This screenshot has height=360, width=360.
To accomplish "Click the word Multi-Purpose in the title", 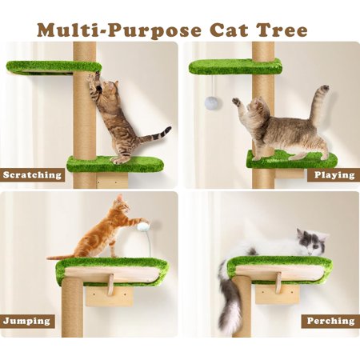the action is pos(119,30).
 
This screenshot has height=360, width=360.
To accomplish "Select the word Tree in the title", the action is pos(282,30).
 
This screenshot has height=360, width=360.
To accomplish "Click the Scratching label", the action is pos(32,175).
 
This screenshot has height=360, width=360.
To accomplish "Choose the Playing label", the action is pos(334,175).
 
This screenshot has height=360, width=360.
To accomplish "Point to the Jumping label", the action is pos(26,321).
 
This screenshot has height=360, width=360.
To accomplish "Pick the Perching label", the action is pos(330,321).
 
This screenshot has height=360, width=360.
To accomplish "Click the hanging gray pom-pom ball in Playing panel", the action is pos(211,103).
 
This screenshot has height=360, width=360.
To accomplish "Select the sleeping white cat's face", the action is pos(314,243).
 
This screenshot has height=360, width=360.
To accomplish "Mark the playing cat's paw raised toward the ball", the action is pos(236,102).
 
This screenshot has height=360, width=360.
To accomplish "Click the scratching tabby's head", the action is pos(109,87).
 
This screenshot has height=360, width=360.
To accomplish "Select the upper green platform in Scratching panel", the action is pos(54,67).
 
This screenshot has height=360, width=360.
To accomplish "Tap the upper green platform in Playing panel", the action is pos(235,67).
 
